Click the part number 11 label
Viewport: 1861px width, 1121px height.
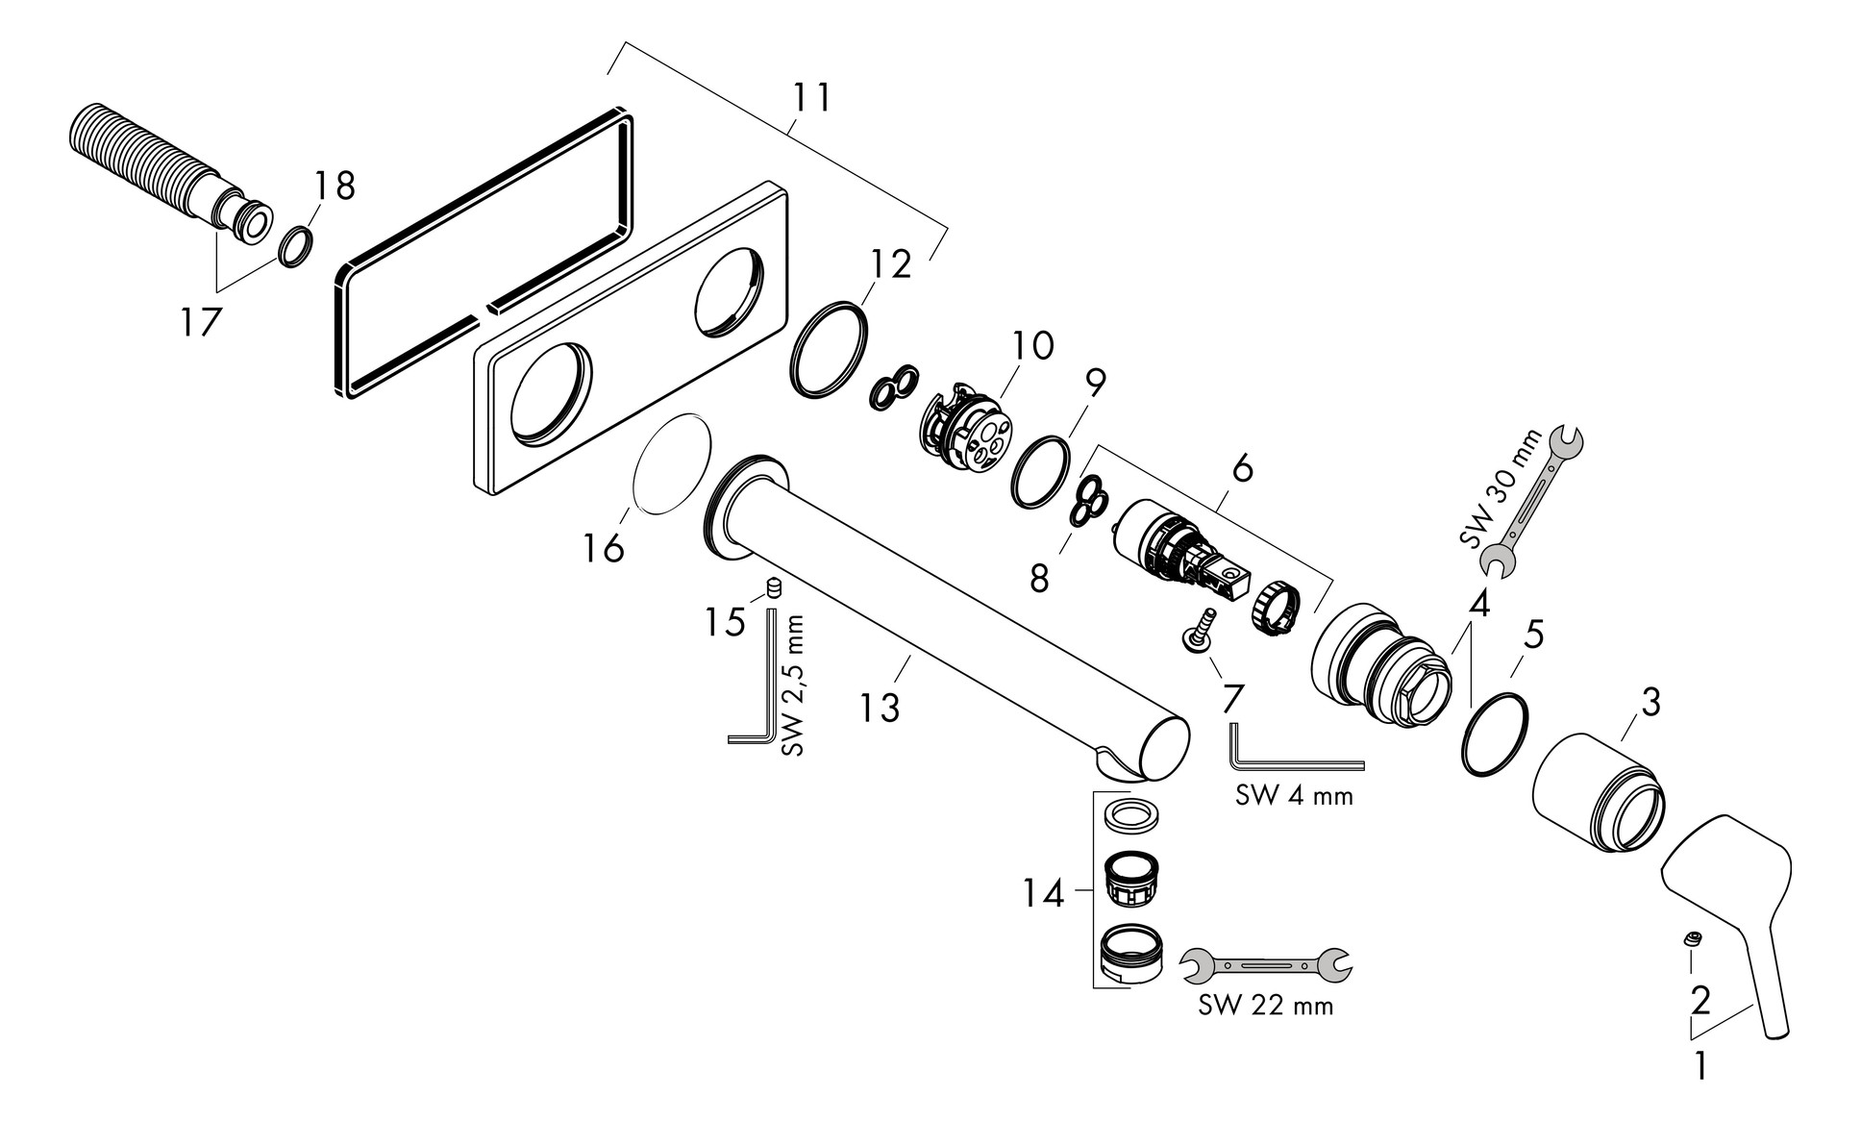[811, 98]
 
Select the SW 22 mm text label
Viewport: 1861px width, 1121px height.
[1265, 1006]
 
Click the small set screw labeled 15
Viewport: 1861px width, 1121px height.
[772, 587]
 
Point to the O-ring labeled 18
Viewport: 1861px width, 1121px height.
[295, 245]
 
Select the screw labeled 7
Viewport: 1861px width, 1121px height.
[1198, 630]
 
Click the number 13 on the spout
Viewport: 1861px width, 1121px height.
[879, 708]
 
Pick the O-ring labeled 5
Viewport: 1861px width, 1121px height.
[1494, 734]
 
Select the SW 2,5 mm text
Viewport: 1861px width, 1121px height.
[793, 685]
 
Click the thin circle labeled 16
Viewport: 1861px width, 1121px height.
[671, 464]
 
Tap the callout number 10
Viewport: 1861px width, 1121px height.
[1032, 344]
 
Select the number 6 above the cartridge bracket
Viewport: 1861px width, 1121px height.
[1242, 469]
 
